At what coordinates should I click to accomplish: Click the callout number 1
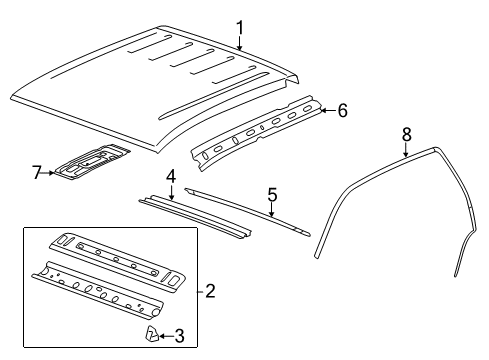pyautogui.click(x=239, y=27)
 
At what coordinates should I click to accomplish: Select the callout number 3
pyautogui.click(x=179, y=335)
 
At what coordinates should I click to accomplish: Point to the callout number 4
pyautogui.click(x=171, y=176)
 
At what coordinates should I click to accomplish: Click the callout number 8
pyautogui.click(x=406, y=133)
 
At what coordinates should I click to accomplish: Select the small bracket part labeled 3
pyautogui.click(x=152, y=333)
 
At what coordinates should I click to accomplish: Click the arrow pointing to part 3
pyautogui.click(x=167, y=335)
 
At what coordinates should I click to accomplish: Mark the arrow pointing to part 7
pyautogui.click(x=50, y=173)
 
